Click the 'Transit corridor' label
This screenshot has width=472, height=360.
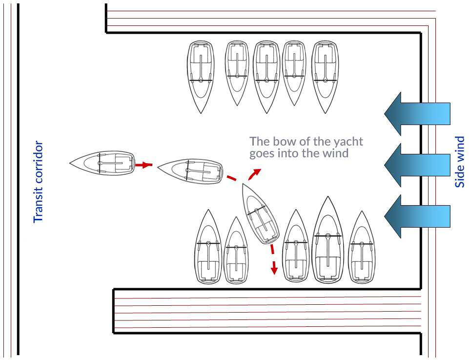click(x=38, y=182)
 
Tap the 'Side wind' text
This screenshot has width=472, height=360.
click(x=460, y=162)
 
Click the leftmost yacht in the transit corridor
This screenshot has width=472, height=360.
click(x=102, y=161)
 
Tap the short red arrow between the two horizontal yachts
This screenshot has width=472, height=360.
click(x=143, y=165)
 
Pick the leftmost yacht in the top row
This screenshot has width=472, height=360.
click(x=201, y=76)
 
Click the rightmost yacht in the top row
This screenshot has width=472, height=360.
click(x=326, y=76)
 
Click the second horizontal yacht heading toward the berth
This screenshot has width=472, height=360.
click(x=190, y=171)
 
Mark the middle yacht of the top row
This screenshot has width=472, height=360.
click(x=266, y=76)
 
